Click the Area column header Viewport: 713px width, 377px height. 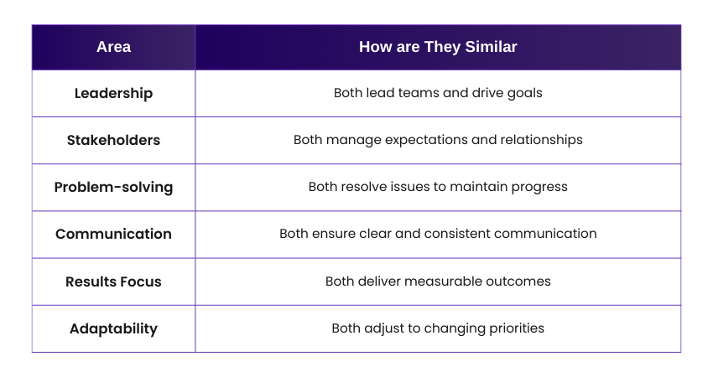[113, 47]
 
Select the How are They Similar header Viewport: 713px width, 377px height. [438, 47]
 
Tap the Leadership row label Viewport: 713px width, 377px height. [113, 93]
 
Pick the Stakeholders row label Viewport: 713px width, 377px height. [113, 140]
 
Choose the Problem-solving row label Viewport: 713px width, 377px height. [113, 187]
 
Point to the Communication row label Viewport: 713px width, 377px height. [113, 234]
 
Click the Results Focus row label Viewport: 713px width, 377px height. [113, 281]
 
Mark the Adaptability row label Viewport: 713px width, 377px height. [113, 328]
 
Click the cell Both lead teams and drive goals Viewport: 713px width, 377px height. [438, 93]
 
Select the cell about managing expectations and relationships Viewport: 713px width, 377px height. [438, 140]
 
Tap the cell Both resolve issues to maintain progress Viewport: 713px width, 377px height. [438, 187]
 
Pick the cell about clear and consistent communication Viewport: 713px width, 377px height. [438, 234]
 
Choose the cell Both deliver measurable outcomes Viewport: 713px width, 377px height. [438, 281]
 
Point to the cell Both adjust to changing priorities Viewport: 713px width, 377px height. [438, 328]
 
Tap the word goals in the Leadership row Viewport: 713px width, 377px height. [524, 94]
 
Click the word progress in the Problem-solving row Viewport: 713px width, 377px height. [541, 188]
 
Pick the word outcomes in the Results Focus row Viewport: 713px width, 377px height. [520, 281]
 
